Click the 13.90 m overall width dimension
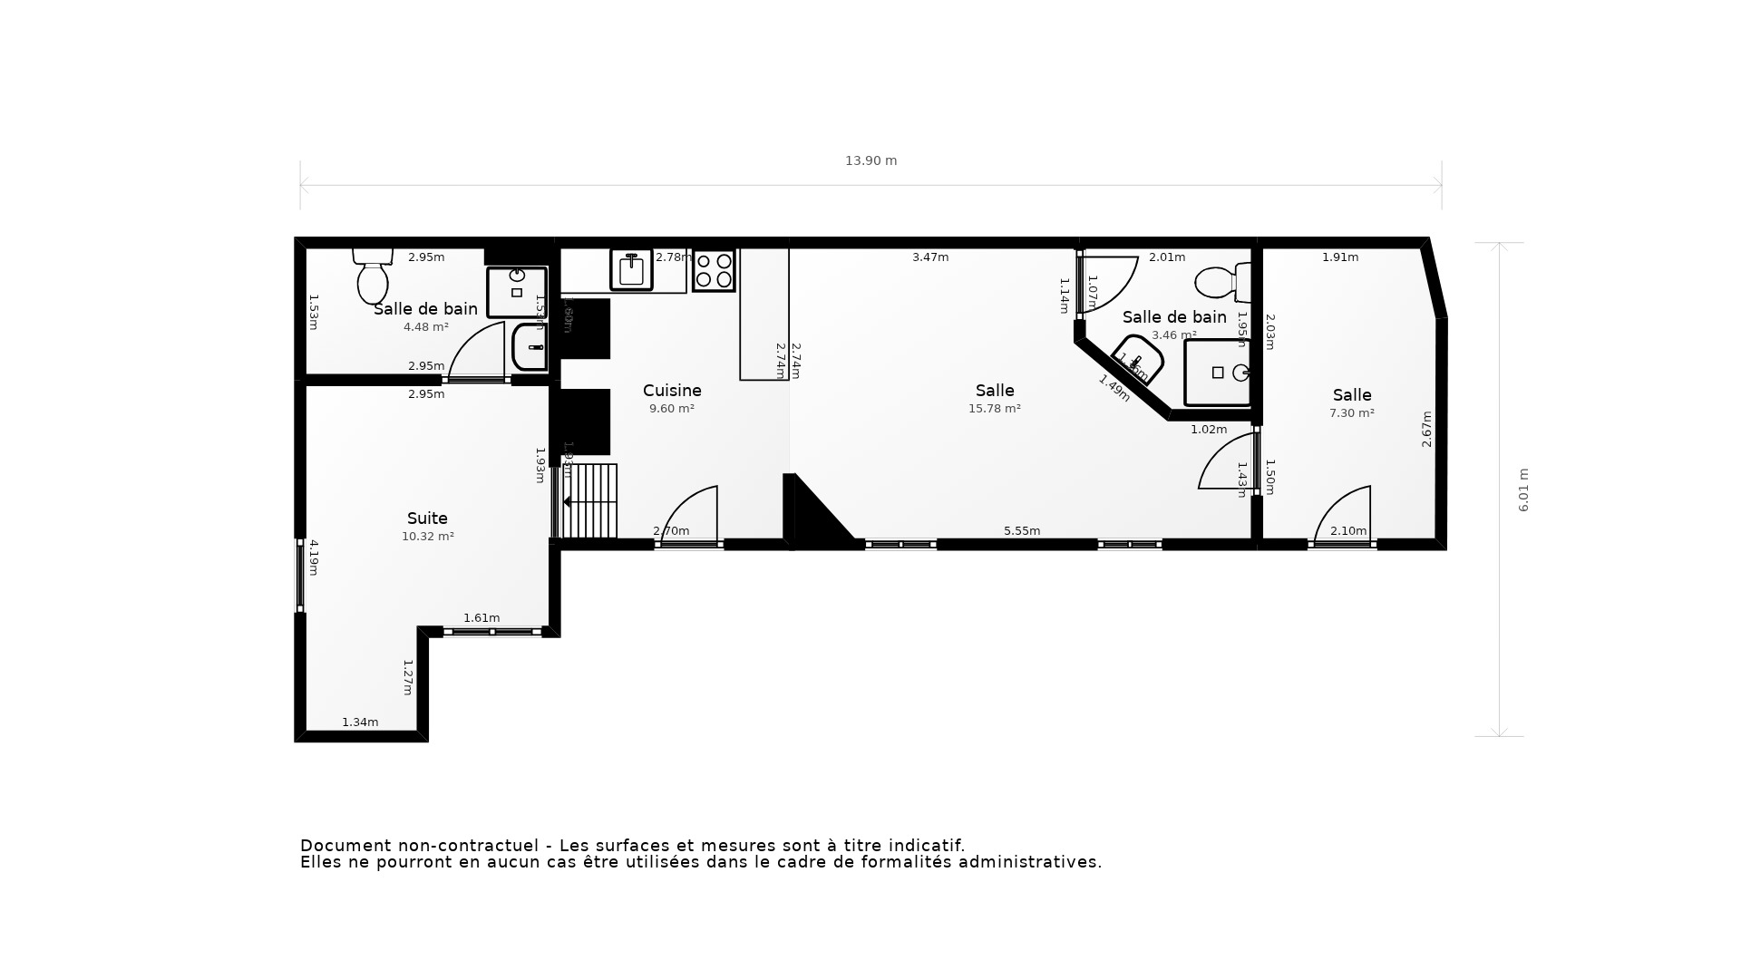(x=870, y=160)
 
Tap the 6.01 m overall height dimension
(x=1523, y=489)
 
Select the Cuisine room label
(x=672, y=391)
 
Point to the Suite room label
(x=427, y=519)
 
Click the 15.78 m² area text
(x=994, y=409)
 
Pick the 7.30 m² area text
(x=1351, y=413)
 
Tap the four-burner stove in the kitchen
(x=714, y=270)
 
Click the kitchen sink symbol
(x=631, y=269)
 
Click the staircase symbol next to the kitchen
(x=589, y=500)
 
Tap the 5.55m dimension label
(x=1021, y=531)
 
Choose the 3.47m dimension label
(x=930, y=257)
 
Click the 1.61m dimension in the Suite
(x=481, y=618)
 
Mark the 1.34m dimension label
(x=360, y=722)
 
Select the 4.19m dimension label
(x=314, y=557)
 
